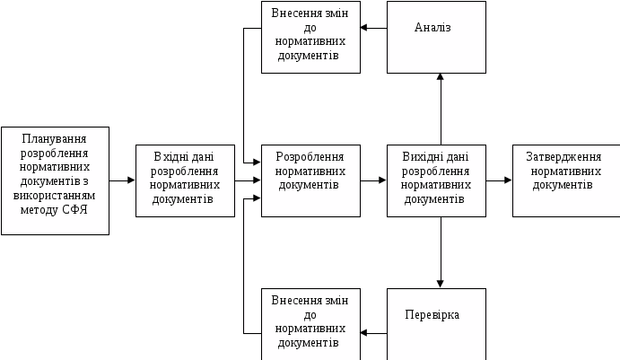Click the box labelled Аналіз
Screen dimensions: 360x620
[x=436, y=37]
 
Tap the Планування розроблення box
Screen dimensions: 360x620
[x=55, y=180]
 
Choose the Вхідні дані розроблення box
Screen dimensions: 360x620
[x=185, y=180]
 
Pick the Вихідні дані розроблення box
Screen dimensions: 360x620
[x=436, y=180]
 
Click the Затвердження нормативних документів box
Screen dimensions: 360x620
[x=565, y=180]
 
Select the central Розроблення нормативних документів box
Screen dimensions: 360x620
[x=310, y=180]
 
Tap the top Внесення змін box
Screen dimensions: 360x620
[x=310, y=37]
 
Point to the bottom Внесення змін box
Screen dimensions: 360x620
[x=310, y=322]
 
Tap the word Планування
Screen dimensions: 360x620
[x=55, y=139]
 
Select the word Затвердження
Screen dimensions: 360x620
[x=565, y=156]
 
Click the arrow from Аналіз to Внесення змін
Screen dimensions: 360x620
[x=373, y=28]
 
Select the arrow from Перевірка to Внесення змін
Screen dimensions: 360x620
[x=373, y=333]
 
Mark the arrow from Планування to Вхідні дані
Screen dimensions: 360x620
[x=122, y=180]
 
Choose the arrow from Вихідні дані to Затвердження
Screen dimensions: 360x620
[x=499, y=180]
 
